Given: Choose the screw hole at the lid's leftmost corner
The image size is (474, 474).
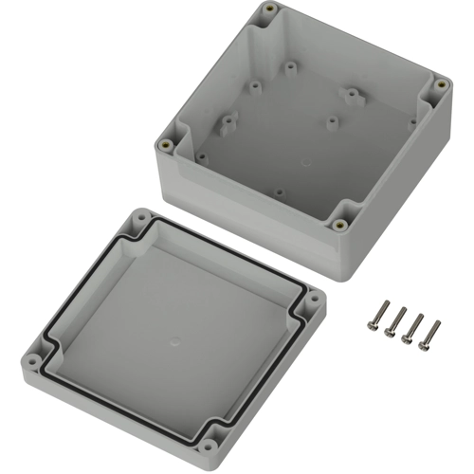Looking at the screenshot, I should (36, 362).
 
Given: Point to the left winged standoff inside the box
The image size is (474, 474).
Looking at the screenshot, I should (228, 124).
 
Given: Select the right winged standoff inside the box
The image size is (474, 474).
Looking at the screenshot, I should (354, 95).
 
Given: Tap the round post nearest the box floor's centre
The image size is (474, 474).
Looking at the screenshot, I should (331, 121).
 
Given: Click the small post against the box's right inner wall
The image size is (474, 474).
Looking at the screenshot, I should (412, 122).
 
